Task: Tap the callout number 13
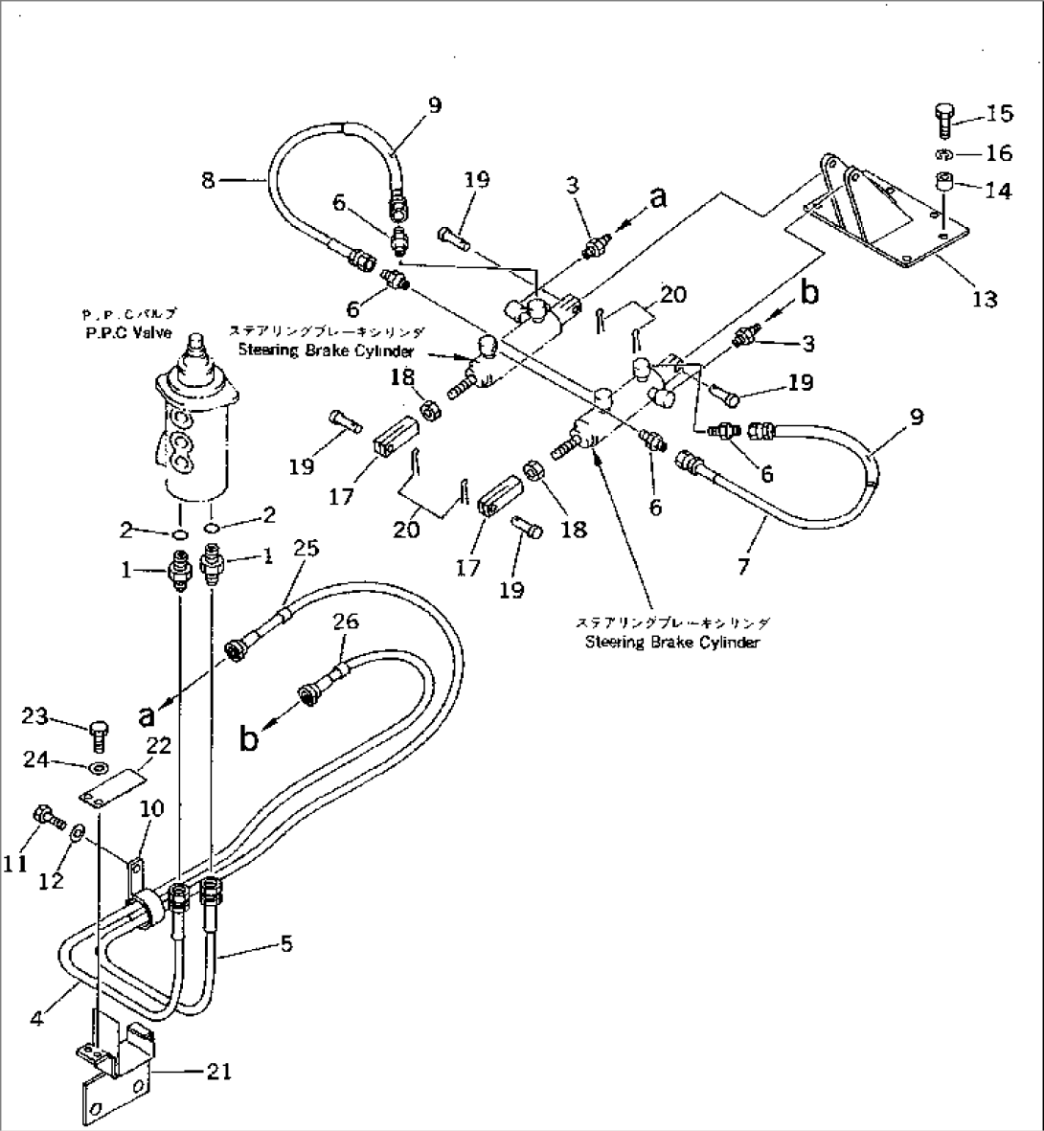(x=984, y=299)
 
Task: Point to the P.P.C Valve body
(x=195, y=431)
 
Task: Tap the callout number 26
(x=346, y=622)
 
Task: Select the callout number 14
(x=998, y=192)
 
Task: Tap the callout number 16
(x=998, y=154)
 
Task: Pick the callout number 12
(x=51, y=881)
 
